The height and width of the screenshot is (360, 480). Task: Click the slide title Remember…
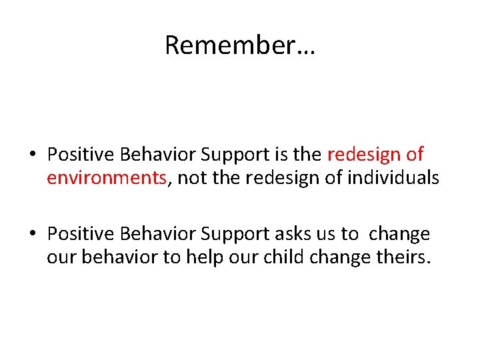coord(240,45)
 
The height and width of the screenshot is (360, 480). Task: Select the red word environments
coord(107,178)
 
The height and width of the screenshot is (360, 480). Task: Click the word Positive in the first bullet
coord(77,155)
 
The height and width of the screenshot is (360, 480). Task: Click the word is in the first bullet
coord(280,155)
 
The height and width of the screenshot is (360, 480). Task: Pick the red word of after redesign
coord(415,155)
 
